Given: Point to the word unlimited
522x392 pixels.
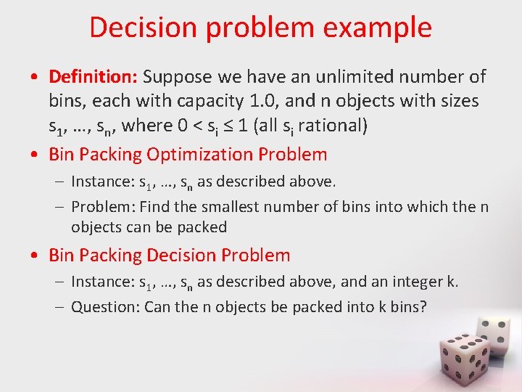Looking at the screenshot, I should point(333,76).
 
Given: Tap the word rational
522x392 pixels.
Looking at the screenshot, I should point(331,126).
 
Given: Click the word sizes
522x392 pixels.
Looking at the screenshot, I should point(460,101).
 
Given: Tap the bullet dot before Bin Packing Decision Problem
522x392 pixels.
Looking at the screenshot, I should point(36,256).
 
